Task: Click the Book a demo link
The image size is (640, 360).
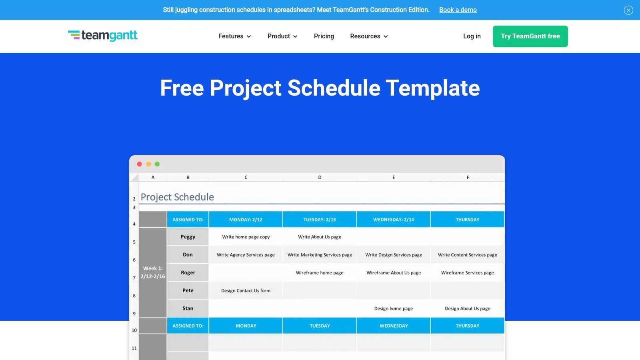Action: click(x=458, y=10)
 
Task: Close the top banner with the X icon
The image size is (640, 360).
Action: click(x=628, y=10)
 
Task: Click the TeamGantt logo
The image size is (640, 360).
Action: click(x=102, y=36)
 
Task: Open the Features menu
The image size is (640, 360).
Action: click(x=234, y=36)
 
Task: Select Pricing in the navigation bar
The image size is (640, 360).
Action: click(x=324, y=36)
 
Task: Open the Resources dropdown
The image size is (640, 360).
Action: click(x=369, y=36)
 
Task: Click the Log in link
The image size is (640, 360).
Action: click(x=472, y=36)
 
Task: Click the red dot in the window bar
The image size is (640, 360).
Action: click(x=140, y=164)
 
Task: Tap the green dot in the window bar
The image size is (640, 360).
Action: click(x=157, y=164)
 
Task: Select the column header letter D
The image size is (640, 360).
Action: click(x=320, y=178)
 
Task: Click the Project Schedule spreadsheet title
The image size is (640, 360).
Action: click(x=177, y=197)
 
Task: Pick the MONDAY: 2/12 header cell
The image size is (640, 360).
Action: click(x=246, y=220)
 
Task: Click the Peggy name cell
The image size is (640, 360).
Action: click(x=188, y=236)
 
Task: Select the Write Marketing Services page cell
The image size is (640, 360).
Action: click(x=320, y=254)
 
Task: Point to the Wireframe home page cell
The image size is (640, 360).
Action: click(x=320, y=272)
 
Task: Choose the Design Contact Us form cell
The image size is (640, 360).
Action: click(x=246, y=290)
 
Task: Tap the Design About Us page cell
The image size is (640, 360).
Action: click(x=468, y=308)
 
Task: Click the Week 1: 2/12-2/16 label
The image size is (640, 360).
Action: click(x=153, y=272)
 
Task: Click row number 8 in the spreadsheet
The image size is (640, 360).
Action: click(x=134, y=296)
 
